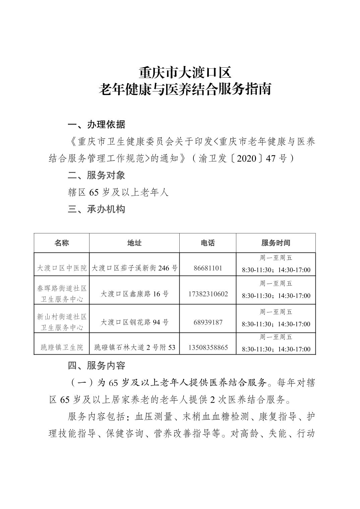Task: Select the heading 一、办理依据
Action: pos(97,125)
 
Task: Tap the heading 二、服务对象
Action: pos(97,175)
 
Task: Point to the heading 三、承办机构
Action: pos(97,209)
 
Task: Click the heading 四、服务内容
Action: pos(97,365)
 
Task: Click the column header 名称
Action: pos(62,243)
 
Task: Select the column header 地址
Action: pos(134,243)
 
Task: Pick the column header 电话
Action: pos(207,243)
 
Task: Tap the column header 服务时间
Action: pos(276,243)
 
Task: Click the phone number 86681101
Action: pos(208,268)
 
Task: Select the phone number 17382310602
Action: pos(208,294)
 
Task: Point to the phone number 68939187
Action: pos(208,322)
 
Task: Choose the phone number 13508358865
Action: pos(208,348)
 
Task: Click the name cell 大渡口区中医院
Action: pos(62,268)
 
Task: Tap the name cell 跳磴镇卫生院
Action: pos(62,348)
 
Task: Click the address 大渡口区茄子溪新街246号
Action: pos(134,268)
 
